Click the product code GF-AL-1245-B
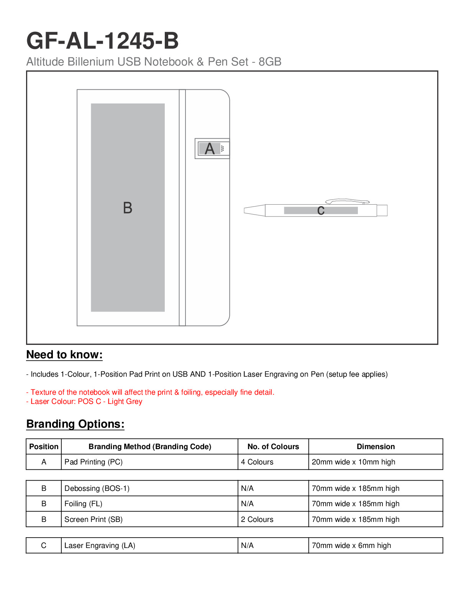(102, 41)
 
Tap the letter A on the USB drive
(210, 149)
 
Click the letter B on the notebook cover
(128, 208)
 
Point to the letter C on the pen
(321, 210)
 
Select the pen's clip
(347, 201)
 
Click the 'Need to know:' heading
(64, 354)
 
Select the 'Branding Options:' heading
(75, 424)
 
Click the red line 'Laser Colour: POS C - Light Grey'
(84, 401)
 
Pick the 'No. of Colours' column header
(273, 446)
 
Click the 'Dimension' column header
(376, 446)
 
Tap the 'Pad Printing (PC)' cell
(93, 462)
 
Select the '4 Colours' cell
(257, 462)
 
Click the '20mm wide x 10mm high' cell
(353, 462)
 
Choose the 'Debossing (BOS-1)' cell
(97, 488)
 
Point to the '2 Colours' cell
(257, 519)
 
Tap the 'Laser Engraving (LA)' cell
(100, 545)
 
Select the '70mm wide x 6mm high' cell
(351, 545)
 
